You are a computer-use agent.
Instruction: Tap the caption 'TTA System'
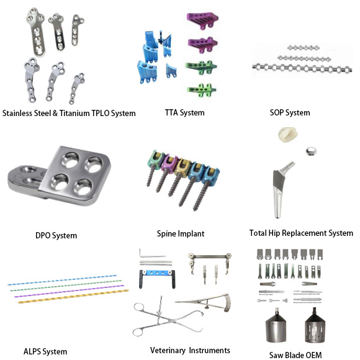tap(184, 113)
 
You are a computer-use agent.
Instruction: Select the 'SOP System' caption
tap(290, 113)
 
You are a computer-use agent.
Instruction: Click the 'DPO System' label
tap(56, 236)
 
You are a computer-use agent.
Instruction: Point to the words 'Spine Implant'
tap(181, 234)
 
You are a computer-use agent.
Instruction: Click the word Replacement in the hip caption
tap(304, 233)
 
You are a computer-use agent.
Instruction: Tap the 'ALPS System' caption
tap(45, 351)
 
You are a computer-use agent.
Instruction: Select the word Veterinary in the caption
tap(168, 350)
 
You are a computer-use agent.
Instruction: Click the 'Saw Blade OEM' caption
tap(295, 355)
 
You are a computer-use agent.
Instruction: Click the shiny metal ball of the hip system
tap(311, 151)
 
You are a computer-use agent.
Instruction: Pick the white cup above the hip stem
tap(287, 134)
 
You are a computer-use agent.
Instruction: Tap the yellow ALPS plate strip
tap(73, 296)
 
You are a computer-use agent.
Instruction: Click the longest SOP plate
tap(302, 68)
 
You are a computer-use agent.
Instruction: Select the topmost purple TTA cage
tap(202, 20)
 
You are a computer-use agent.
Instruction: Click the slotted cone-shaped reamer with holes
tap(315, 326)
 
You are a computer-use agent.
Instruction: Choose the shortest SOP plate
tap(304, 48)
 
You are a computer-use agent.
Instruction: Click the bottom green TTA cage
tap(201, 90)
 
